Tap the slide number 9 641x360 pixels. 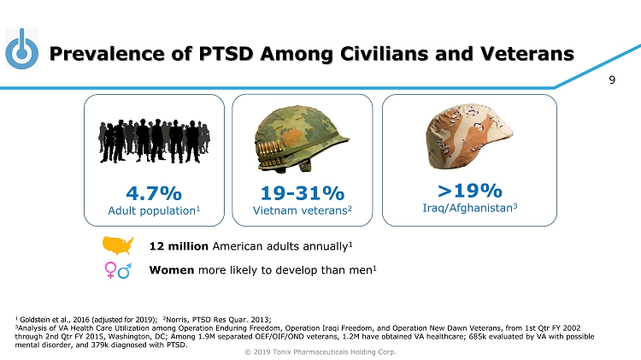612,81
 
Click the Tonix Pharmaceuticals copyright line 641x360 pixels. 320,351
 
